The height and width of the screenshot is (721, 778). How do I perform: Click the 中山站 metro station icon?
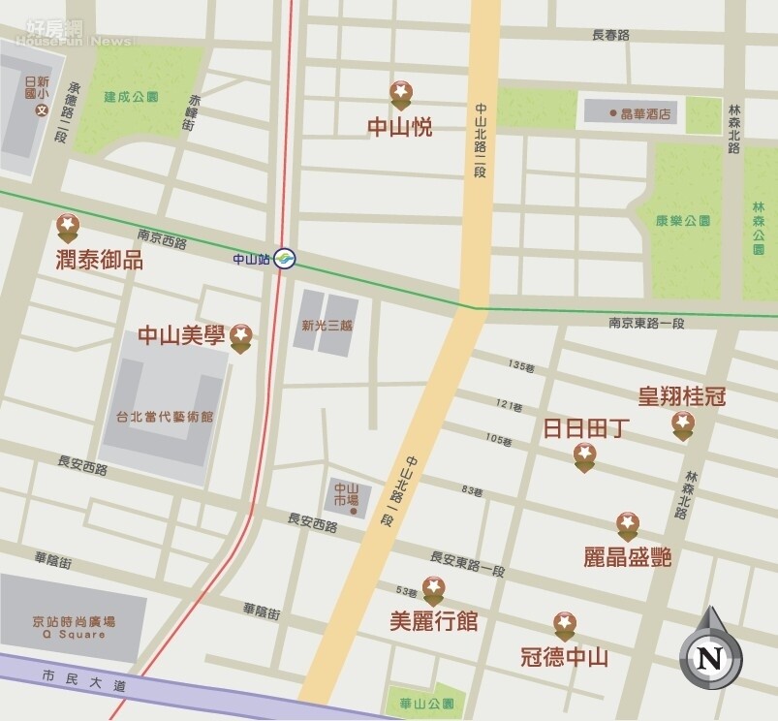tap(284, 259)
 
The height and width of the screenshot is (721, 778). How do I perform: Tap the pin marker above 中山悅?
tap(400, 95)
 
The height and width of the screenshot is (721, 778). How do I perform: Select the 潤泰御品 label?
tap(100, 260)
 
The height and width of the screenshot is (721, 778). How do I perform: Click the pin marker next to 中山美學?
tap(241, 337)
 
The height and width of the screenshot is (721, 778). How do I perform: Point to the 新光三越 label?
tap(327, 326)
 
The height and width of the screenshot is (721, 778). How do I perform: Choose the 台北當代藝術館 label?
tap(165, 417)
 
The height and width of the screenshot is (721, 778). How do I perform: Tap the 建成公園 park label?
tap(132, 97)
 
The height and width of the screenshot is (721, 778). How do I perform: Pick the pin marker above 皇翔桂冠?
tap(683, 424)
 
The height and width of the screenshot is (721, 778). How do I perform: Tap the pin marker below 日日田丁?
tap(584, 455)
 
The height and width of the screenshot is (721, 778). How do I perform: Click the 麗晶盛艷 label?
tap(627, 556)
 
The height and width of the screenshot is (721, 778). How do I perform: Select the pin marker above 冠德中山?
tap(564, 626)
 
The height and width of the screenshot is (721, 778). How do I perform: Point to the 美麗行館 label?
tap(433, 621)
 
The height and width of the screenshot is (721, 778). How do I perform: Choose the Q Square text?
tap(74, 635)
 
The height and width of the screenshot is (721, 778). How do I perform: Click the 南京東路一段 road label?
tap(646, 323)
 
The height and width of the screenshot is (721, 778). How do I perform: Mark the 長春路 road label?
tap(610, 35)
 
